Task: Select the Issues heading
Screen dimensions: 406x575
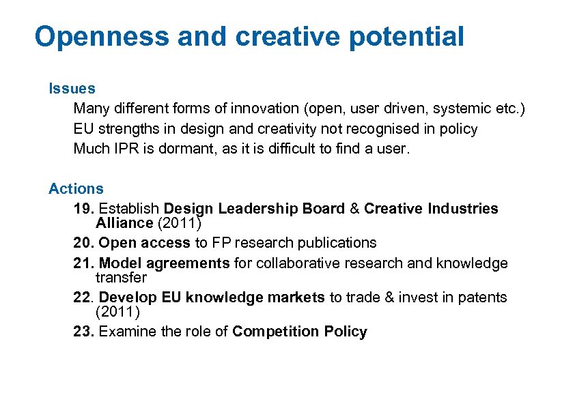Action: click(x=72, y=88)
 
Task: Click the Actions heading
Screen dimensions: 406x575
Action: click(x=76, y=188)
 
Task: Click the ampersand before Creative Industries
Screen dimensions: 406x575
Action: click(x=354, y=209)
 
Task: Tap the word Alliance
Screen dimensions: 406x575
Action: click(x=124, y=223)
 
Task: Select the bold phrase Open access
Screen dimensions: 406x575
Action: click(x=145, y=243)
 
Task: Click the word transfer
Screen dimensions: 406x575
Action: click(x=121, y=278)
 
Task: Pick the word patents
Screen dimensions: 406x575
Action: click(x=483, y=298)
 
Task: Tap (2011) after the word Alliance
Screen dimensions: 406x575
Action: click(x=179, y=223)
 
